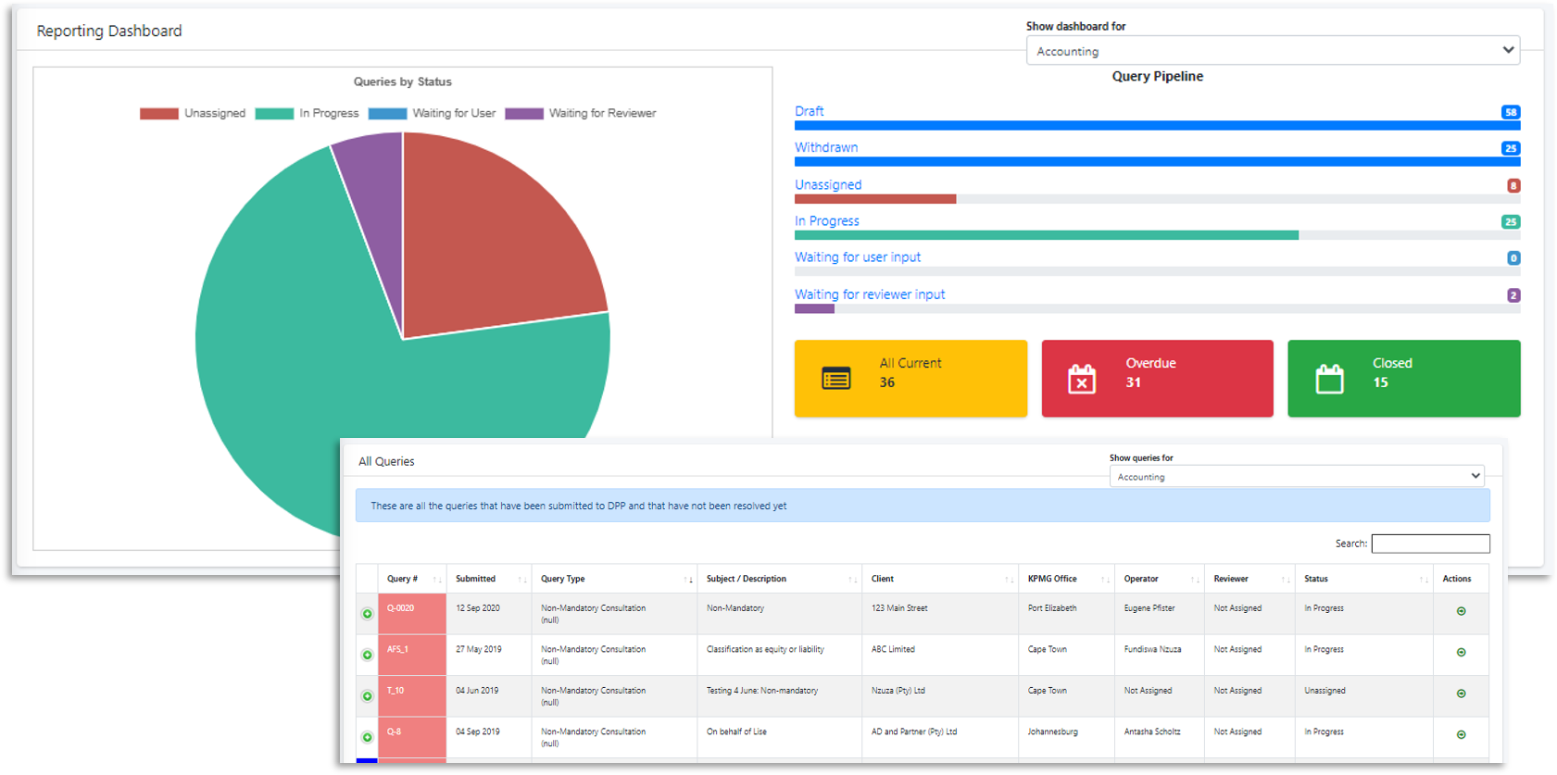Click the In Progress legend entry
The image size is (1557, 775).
pyautogui.click(x=308, y=113)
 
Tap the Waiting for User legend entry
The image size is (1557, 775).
pyautogui.click(x=433, y=113)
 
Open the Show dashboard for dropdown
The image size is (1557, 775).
pyautogui.click(x=1273, y=51)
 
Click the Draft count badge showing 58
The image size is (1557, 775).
pyautogui.click(x=1510, y=112)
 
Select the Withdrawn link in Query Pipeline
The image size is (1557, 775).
pyautogui.click(x=826, y=147)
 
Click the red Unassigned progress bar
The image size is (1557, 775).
pyautogui.click(x=874, y=199)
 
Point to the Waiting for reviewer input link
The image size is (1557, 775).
pyautogui.click(x=870, y=294)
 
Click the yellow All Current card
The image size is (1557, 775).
pyautogui.click(x=910, y=378)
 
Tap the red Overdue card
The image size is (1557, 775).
pyautogui.click(x=1157, y=378)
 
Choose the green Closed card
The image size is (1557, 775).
pyautogui.click(x=1403, y=378)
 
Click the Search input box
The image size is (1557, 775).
pyautogui.click(x=1430, y=544)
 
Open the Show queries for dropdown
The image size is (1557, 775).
pyautogui.click(x=1297, y=476)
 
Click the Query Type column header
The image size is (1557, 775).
pyautogui.click(x=563, y=579)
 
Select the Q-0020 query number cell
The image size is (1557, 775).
pyautogui.click(x=411, y=613)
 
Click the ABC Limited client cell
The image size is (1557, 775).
pyautogui.click(x=893, y=649)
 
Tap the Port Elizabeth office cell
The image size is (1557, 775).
pyautogui.click(x=1053, y=608)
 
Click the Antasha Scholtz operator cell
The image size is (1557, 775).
pyautogui.click(x=1152, y=731)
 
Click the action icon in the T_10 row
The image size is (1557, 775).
pyautogui.click(x=1461, y=694)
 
